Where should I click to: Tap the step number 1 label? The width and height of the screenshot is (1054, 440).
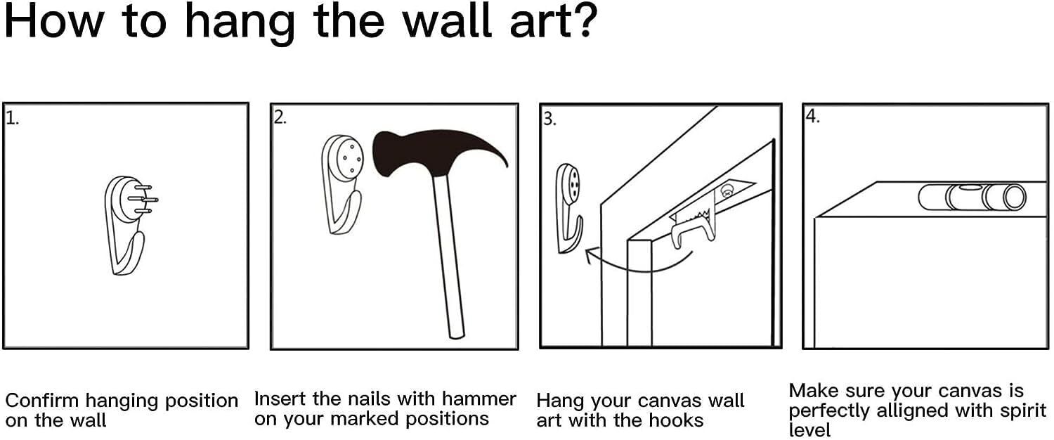click(12, 118)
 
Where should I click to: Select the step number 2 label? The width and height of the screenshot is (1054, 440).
click(280, 117)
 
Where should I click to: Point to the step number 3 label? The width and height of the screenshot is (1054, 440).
click(549, 119)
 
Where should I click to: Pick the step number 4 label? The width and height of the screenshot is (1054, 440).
click(812, 116)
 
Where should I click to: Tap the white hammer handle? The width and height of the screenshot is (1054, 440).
click(448, 257)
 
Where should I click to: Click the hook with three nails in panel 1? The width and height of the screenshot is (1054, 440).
click(130, 225)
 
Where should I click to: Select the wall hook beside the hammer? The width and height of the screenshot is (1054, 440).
click(341, 184)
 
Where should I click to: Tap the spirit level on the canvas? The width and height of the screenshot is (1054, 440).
click(972, 198)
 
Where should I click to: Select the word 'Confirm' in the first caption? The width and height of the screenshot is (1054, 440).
click(42, 401)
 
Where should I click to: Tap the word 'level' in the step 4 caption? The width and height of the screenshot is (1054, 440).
click(809, 430)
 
